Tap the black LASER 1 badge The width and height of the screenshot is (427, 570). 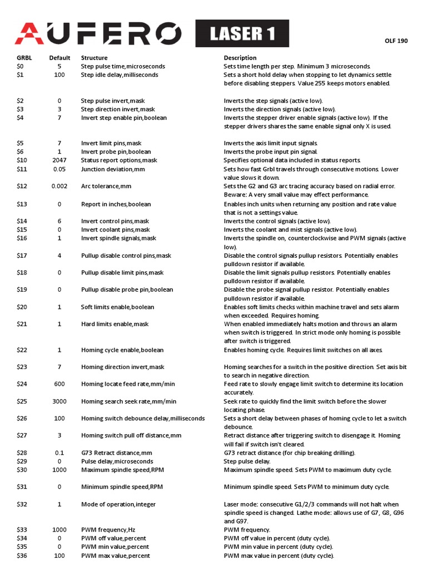tap(242, 34)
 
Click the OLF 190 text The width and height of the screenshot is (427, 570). tap(396, 41)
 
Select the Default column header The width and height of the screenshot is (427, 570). tap(59, 58)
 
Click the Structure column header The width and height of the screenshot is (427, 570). tap(95, 58)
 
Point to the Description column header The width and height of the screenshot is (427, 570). tap(240, 58)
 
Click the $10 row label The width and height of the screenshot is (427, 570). tap(22, 160)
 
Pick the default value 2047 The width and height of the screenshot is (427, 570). tap(59, 160)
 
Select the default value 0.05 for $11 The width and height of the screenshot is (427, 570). tap(59, 169)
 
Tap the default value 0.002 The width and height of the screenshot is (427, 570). tap(59, 186)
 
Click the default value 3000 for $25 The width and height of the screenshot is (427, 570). tap(59, 401)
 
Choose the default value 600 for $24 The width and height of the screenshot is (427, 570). tap(59, 384)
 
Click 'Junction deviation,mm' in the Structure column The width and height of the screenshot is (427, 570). tap(113, 169)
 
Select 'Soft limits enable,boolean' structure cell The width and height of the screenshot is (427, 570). tap(118, 307)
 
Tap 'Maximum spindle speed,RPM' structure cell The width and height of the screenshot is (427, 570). tap(122, 470)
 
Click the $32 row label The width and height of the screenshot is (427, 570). tap(22, 504)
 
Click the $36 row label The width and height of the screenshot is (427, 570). tap(22, 556)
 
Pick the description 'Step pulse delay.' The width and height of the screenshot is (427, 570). tap(247, 461)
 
